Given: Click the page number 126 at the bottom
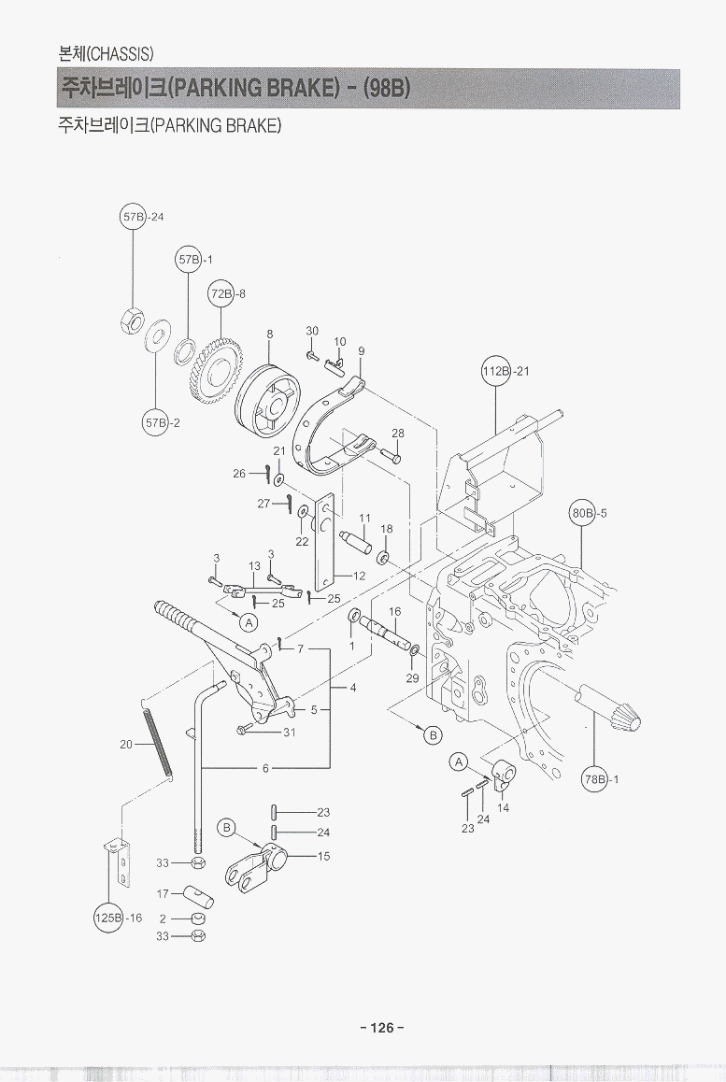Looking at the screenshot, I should [x=381, y=1028].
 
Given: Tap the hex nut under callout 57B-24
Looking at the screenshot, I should [x=132, y=320].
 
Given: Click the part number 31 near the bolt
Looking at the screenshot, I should [x=289, y=733].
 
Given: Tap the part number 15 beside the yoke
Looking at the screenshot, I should [x=323, y=856].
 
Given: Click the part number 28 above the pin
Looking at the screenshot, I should [x=397, y=434].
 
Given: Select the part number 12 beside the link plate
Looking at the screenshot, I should [x=359, y=576].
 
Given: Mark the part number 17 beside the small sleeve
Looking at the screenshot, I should [x=163, y=893].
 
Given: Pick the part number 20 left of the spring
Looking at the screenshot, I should [x=126, y=745].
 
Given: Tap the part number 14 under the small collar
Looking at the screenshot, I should [x=503, y=808].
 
